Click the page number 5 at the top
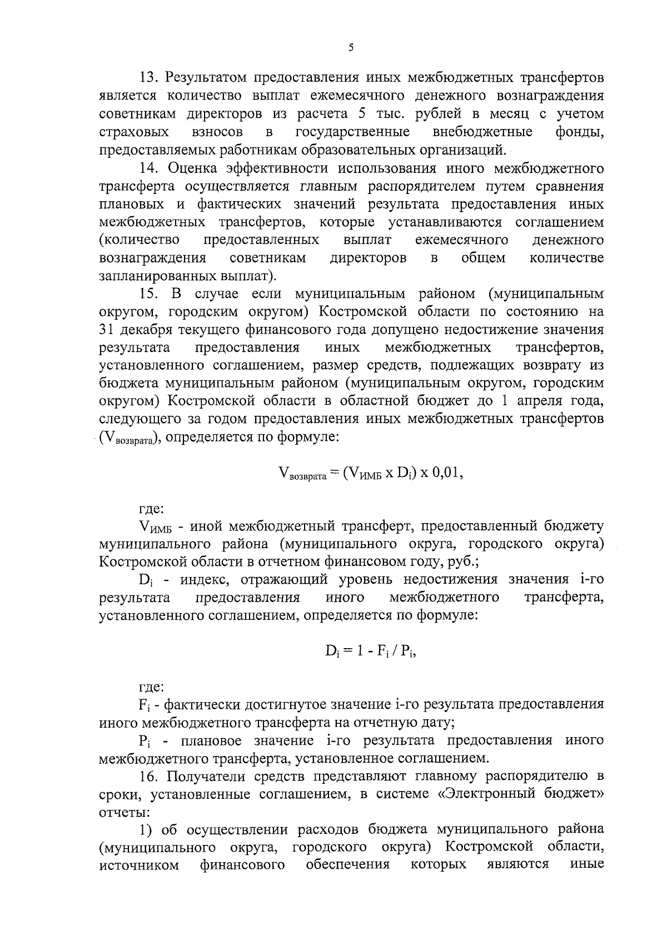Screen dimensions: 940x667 tap(351, 48)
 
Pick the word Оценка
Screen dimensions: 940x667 tap(196, 168)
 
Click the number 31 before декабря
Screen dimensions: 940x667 tap(106, 330)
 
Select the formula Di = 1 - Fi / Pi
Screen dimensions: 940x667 tap(371, 651)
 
